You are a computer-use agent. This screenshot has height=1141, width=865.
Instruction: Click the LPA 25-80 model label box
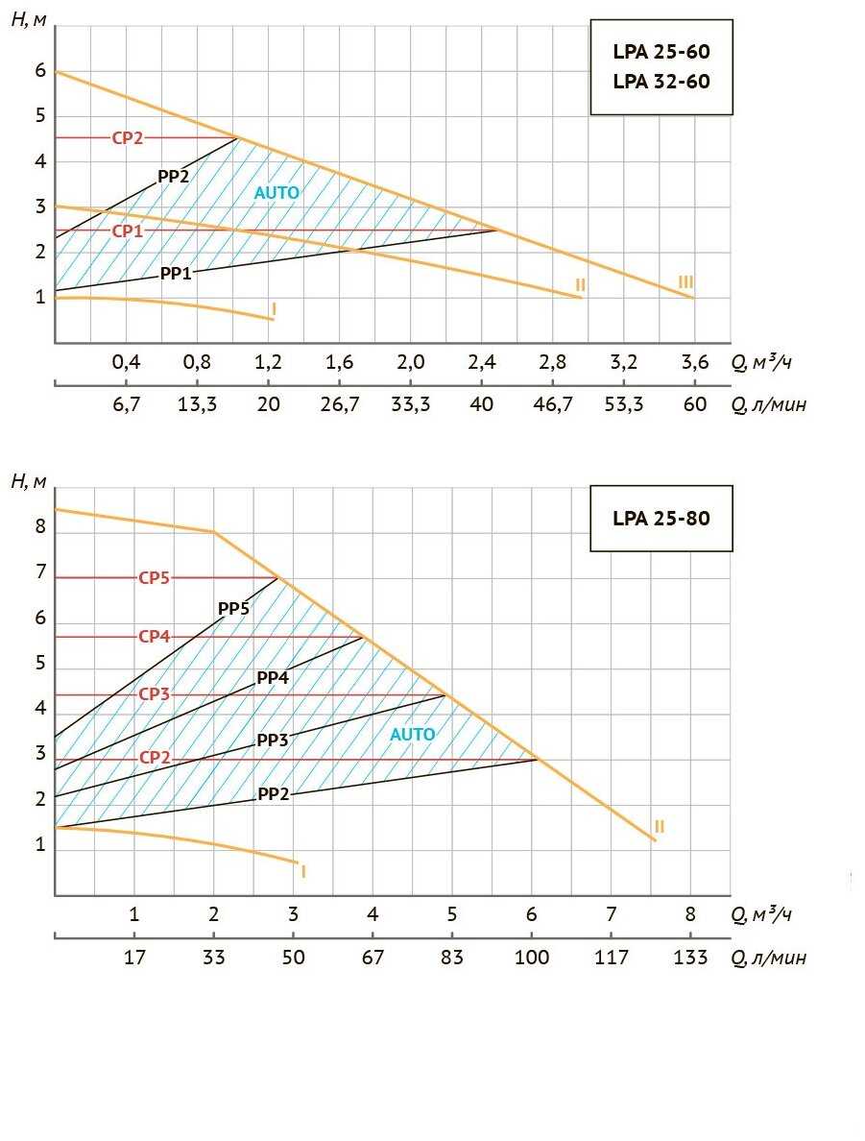click(661, 519)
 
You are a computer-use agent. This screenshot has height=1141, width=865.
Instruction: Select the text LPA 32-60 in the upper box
click(661, 82)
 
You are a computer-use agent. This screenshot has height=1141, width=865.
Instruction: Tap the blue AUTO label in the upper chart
click(276, 193)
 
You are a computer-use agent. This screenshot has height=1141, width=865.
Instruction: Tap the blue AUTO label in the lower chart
click(412, 735)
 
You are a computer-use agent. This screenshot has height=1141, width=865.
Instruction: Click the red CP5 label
click(154, 578)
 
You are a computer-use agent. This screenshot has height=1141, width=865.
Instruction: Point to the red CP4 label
click(154, 637)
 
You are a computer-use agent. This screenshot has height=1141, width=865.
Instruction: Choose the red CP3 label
click(154, 694)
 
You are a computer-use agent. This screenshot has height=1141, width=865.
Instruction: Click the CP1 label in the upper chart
click(127, 231)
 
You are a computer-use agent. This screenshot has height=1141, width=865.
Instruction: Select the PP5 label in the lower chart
click(233, 608)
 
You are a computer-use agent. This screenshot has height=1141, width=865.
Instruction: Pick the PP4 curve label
click(273, 677)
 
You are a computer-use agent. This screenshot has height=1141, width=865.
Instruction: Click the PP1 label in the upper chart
click(176, 274)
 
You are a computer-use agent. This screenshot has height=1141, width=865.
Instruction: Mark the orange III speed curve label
click(685, 281)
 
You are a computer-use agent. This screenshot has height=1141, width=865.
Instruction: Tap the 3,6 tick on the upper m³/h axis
click(694, 362)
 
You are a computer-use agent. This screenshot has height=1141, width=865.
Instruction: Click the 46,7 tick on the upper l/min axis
click(552, 404)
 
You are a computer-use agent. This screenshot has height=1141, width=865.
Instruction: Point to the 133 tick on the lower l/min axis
click(690, 957)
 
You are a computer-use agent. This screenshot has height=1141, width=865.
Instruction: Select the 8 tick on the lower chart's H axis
click(40, 527)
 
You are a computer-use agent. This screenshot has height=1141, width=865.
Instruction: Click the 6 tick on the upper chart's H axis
click(40, 71)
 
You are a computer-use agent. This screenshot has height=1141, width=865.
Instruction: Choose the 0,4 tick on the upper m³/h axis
click(126, 362)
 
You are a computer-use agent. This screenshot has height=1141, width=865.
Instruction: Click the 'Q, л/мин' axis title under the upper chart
click(768, 404)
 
